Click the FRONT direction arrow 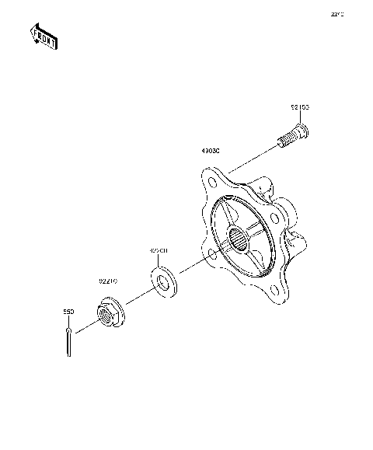coord(43,36)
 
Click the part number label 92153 coord(300,107)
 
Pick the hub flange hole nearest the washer coord(213,254)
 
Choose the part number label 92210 coord(107,281)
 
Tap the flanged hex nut coord(107,312)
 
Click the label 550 coord(68,312)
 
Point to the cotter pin coord(69,342)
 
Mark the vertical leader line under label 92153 coord(300,118)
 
